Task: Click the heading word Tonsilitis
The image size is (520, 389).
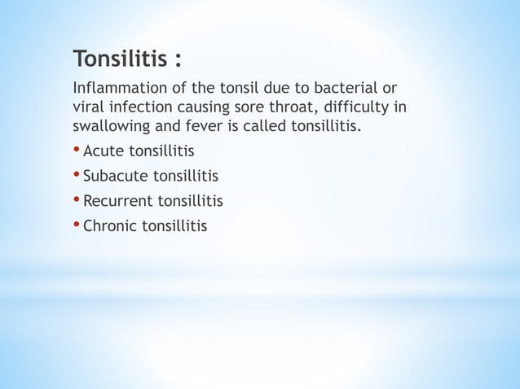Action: tap(118, 59)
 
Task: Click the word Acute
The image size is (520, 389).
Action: tap(103, 151)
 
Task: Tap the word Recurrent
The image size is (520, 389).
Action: tap(117, 200)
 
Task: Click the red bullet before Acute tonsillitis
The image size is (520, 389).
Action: tap(77, 151)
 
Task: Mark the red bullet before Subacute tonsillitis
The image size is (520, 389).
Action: tap(77, 175)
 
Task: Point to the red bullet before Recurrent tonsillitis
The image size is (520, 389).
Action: tap(77, 199)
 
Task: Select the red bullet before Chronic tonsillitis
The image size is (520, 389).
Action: tap(77, 224)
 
